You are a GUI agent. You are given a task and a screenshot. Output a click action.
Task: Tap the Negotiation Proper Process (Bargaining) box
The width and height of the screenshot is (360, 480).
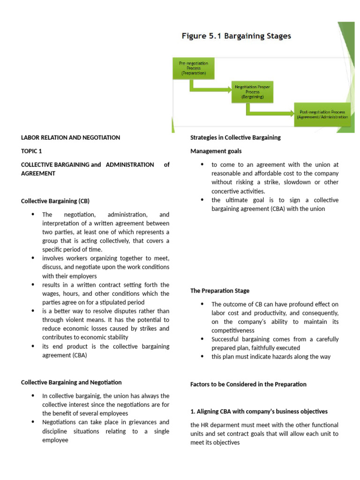click(252, 91)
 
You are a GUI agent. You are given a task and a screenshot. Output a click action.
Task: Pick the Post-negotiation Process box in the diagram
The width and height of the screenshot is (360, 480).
click(322, 115)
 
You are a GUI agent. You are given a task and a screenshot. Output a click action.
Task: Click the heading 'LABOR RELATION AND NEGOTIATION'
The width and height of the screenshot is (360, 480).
click(70, 138)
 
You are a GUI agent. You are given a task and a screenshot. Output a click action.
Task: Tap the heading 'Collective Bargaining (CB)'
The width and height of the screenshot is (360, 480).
click(55, 201)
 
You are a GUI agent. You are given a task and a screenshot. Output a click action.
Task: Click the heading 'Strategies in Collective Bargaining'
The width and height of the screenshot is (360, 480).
click(235, 138)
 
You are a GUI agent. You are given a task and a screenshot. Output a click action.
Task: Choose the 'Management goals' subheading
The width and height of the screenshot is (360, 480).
click(216, 151)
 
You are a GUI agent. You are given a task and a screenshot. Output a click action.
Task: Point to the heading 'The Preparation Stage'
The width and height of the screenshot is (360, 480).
click(220, 291)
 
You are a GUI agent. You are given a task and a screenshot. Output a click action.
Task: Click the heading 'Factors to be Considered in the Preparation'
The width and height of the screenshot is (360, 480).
click(248, 384)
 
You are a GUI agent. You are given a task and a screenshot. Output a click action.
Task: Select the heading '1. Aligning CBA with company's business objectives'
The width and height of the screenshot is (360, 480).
click(259, 412)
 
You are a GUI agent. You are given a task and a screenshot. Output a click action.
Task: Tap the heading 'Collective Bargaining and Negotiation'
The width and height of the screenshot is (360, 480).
click(71, 382)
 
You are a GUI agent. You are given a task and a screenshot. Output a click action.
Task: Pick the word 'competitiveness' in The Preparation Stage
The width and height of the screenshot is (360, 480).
click(233, 330)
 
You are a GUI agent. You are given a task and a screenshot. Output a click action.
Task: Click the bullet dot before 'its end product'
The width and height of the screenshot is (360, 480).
click(33, 346)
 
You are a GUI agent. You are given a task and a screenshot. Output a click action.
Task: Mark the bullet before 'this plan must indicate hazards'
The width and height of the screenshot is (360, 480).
click(202, 357)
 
